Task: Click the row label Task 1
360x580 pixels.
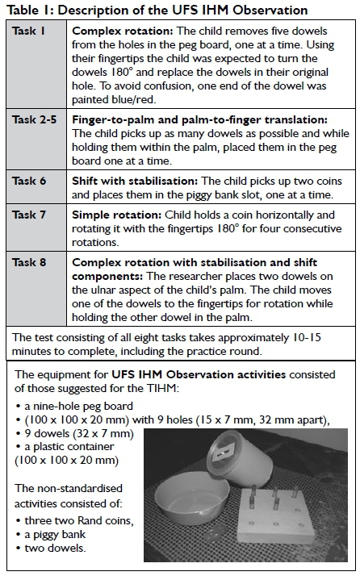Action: (x=28, y=31)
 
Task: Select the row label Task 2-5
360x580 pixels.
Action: (x=35, y=120)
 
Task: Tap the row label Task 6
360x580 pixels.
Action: (x=29, y=181)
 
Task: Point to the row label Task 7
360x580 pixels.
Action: (x=29, y=215)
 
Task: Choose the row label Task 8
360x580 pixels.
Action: (x=29, y=262)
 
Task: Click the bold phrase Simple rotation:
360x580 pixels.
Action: (x=117, y=215)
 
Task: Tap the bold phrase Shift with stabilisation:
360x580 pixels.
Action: (x=135, y=181)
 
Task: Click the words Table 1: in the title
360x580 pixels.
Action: (x=31, y=10)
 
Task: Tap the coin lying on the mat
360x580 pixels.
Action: (x=219, y=531)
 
